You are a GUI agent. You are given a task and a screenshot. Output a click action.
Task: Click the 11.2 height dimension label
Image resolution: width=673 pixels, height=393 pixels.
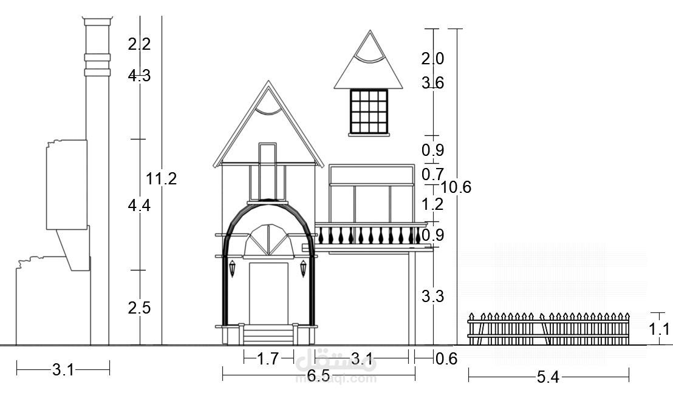(162, 179)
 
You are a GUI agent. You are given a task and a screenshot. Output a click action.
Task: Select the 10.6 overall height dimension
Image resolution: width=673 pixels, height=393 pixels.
(456, 187)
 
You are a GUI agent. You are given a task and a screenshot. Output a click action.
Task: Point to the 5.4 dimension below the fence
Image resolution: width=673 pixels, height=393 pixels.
(548, 377)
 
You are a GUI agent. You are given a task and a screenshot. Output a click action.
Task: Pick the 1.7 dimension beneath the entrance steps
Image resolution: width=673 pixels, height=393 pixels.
(268, 359)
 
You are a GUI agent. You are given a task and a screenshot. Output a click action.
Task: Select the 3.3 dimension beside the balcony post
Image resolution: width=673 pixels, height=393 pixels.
(432, 297)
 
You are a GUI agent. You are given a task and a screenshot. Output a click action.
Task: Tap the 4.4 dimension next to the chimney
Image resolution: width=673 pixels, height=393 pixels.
(139, 206)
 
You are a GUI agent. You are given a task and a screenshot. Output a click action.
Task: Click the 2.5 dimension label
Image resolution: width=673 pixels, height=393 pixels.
(139, 307)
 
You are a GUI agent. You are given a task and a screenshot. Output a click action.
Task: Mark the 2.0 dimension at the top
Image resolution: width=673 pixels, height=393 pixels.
(432, 59)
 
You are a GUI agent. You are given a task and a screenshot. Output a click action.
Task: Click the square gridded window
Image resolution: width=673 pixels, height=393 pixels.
(368, 110)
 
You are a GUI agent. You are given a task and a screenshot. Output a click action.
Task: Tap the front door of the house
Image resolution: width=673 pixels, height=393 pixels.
(268, 294)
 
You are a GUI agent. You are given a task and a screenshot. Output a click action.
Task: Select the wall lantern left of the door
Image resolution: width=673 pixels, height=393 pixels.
(232, 267)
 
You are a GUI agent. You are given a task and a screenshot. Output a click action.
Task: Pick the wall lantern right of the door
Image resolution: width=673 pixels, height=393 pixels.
(303, 267)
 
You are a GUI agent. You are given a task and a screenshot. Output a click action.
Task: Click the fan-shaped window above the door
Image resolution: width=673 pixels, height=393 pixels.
(268, 241)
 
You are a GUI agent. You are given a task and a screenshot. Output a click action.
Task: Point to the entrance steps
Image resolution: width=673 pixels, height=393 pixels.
(268, 334)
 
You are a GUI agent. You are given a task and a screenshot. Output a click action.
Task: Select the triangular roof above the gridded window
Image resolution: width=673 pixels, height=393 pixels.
(369, 64)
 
